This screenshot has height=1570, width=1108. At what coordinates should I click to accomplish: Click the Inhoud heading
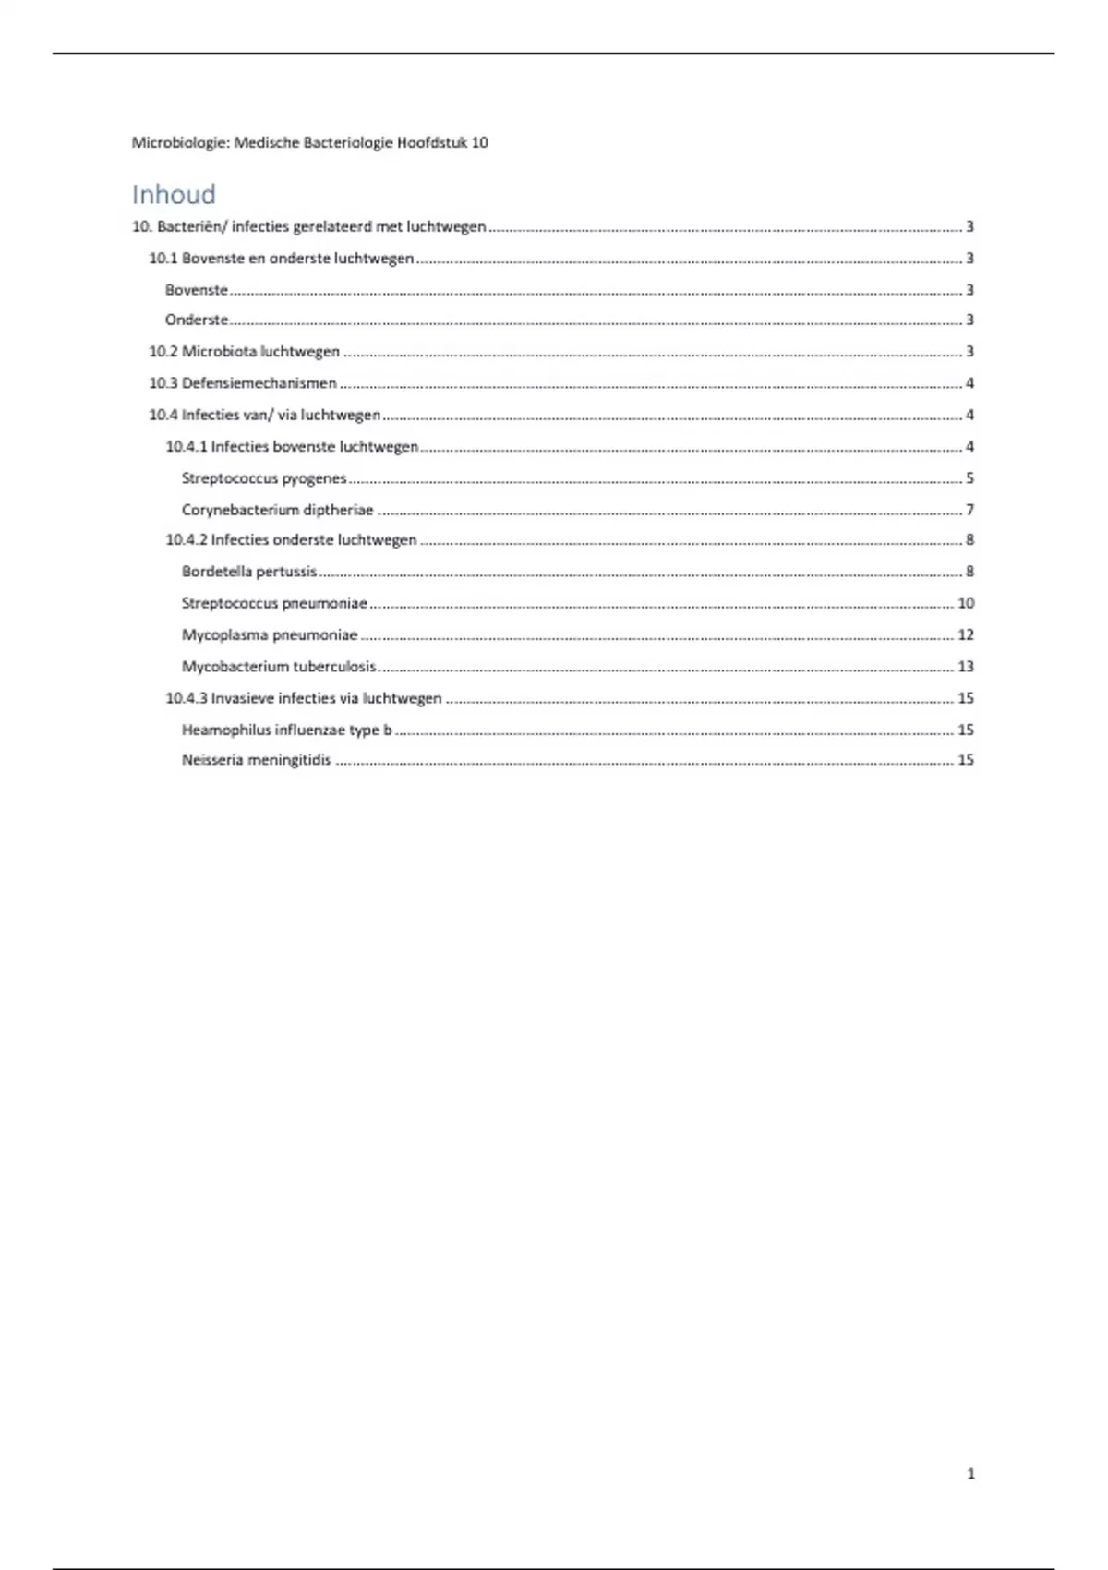coord(174,195)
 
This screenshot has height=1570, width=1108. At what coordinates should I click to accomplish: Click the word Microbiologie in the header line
coord(179,143)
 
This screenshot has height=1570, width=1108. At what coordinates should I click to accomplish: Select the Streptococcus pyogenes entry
coord(264,478)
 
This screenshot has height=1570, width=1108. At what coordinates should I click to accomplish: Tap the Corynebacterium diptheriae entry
coord(277,510)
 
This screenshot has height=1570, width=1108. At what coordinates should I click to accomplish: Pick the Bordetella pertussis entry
coord(249,572)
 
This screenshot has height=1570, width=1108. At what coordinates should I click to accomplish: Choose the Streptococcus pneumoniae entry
coord(274,603)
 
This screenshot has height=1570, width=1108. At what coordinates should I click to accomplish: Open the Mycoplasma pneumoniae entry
coord(270,635)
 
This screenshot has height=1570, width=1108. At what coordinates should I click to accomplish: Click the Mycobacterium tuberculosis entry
coord(279,667)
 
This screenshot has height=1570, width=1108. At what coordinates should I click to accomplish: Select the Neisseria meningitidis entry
coord(256,761)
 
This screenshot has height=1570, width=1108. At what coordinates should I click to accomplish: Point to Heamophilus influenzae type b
coord(286,730)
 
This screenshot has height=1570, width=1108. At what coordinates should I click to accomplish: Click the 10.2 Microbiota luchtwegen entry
coord(244,352)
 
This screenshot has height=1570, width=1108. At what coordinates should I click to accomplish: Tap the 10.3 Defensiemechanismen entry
coord(242,383)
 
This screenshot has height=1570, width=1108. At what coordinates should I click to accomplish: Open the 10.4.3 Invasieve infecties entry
coord(304,698)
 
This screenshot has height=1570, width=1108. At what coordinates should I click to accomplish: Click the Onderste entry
coord(197,320)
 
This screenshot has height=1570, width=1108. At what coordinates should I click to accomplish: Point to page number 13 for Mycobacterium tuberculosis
coord(966,667)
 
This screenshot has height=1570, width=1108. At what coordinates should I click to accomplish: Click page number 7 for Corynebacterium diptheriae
coord(969,510)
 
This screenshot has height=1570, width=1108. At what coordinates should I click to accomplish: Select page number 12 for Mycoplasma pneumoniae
coord(966,635)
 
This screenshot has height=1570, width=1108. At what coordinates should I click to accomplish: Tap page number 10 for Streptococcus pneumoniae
coord(966,603)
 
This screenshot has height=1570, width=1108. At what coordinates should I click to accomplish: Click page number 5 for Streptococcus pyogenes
coord(969,478)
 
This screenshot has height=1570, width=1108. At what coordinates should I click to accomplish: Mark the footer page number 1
coord(970,1474)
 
